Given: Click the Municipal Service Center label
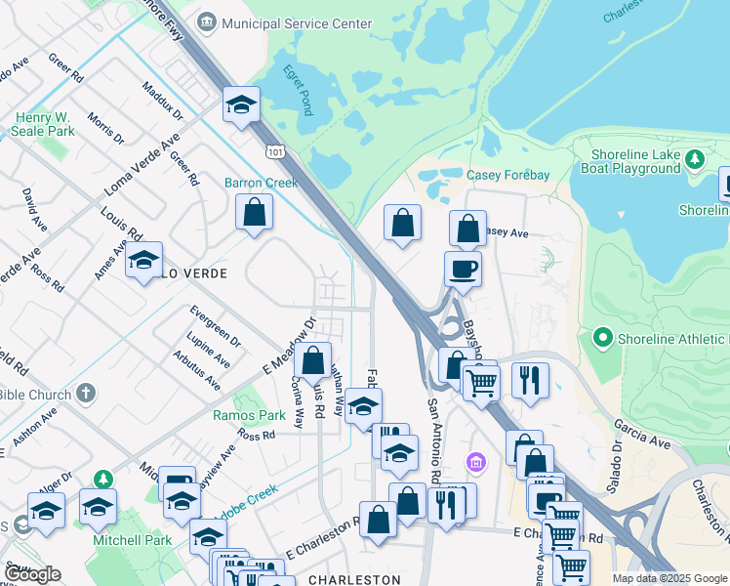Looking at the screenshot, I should pos(283,22).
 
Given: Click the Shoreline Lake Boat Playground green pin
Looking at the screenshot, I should pos(694,158).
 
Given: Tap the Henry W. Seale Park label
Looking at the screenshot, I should pos(45,124).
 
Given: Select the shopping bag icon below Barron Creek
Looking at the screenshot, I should pos(254,212).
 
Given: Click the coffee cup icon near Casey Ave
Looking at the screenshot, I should pos(463,268).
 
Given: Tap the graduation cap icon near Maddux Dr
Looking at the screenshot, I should pos(240,105).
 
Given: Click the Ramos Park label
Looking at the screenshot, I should pos(249,415).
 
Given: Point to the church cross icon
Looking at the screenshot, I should pos(86,394).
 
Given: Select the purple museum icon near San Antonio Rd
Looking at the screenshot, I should pos(475,461).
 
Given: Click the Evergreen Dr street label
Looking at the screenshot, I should pos(215,326).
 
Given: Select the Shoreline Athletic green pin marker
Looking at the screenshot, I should pos(602,340).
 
